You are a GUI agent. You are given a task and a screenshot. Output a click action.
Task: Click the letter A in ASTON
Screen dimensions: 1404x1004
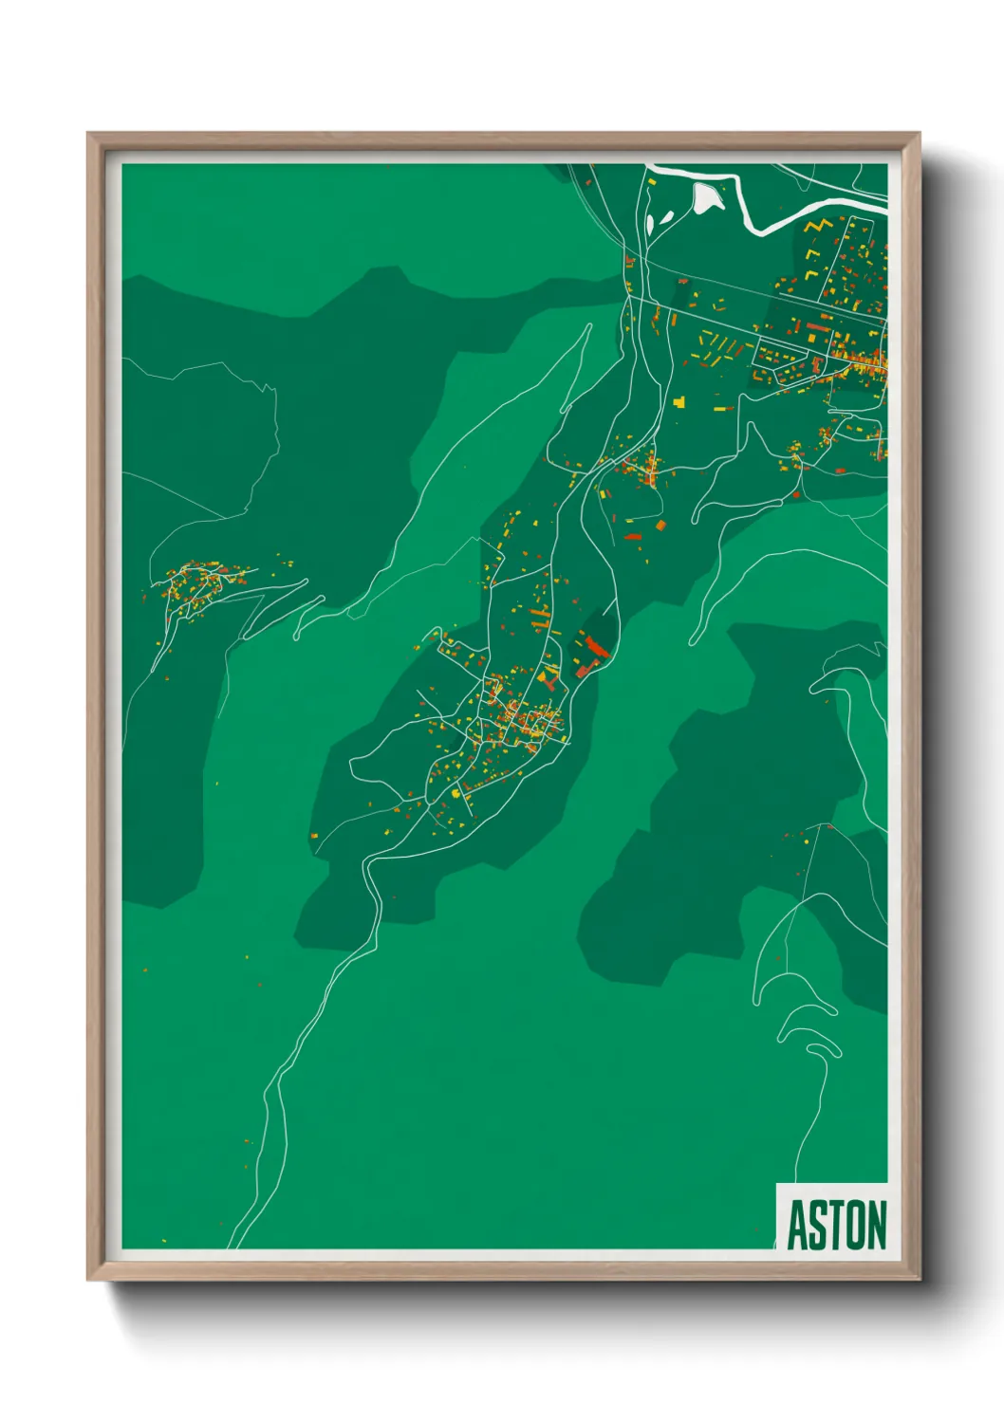[798, 1226]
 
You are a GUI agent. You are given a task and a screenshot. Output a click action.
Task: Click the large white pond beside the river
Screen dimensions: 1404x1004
[706, 197]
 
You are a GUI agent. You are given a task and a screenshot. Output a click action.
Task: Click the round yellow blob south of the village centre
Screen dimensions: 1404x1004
[456, 793]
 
